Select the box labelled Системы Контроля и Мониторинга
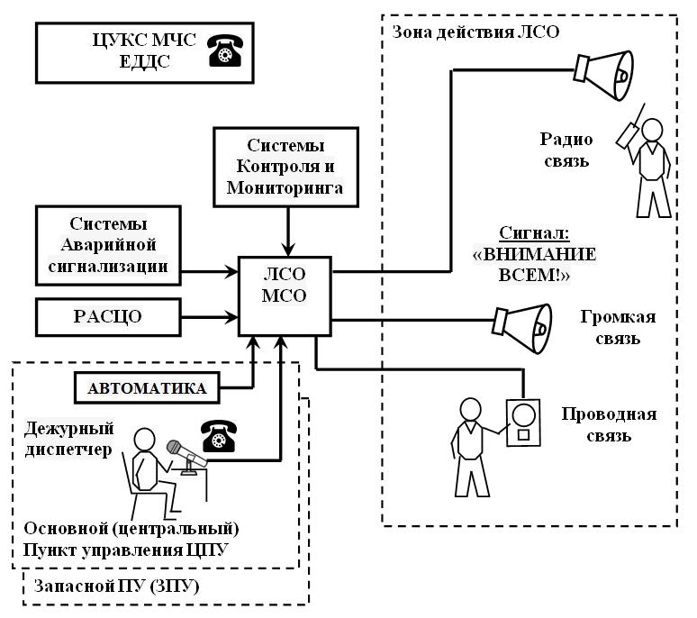pyautogui.click(x=287, y=167)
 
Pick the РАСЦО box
pyautogui.click(x=108, y=316)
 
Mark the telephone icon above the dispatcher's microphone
pyautogui.click(x=218, y=436)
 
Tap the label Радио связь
pyautogui.click(x=566, y=150)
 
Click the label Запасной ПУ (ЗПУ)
pyautogui.click(x=116, y=586)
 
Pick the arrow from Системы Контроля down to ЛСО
pyautogui.click(x=287, y=247)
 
